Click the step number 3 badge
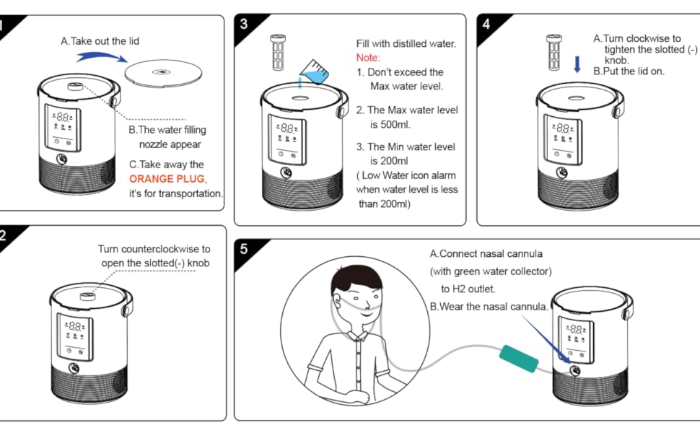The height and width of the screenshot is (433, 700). (244, 24)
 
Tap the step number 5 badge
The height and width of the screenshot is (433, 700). (244, 249)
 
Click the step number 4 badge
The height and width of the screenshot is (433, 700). (486, 24)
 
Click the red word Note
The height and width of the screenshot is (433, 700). (368, 58)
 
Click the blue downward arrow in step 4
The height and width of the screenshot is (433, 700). (577, 65)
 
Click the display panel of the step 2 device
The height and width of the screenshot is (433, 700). (75, 338)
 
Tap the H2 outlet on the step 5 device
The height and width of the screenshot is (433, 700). (574, 370)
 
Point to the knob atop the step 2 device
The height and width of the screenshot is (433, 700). (82, 295)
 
